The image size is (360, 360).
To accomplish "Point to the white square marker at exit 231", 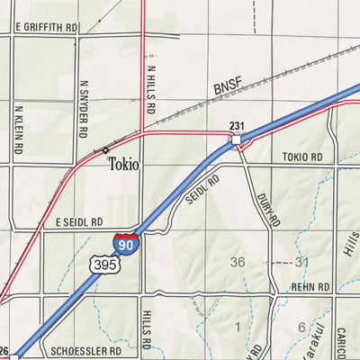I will pyautogui.click(x=236, y=139).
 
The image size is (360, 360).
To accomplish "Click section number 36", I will pyautogui.click(x=238, y=263).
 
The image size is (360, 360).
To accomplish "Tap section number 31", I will pyautogui.click(x=301, y=263).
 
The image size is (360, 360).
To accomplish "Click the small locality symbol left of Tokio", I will pyautogui.click(x=105, y=149).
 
